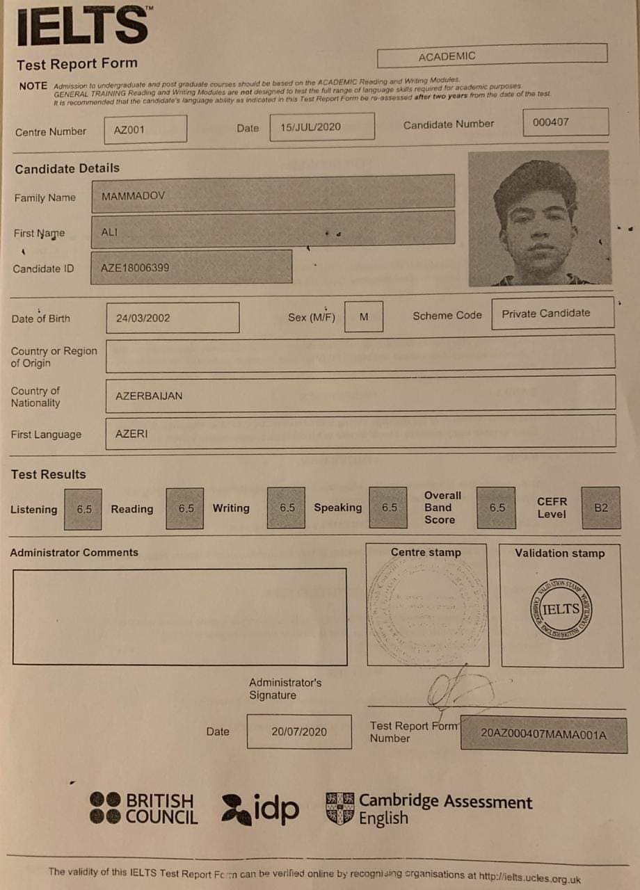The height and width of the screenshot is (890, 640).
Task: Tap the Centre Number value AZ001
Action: [x=145, y=129]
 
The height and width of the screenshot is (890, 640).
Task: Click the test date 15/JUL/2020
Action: [x=321, y=127]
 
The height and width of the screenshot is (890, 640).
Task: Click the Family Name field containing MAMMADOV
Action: [x=273, y=195]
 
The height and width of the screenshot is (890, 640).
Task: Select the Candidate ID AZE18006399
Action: [x=191, y=268]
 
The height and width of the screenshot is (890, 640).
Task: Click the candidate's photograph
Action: [x=538, y=219]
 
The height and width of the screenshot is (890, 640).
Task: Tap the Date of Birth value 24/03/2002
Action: [x=173, y=318]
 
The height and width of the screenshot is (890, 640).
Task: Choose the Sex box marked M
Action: [x=364, y=316]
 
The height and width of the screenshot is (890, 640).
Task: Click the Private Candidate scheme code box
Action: [x=552, y=314]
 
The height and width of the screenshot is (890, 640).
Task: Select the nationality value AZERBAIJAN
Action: [x=360, y=395]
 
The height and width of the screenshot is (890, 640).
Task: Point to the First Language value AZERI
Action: [x=360, y=433]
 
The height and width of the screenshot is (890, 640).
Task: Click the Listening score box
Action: [x=83, y=509]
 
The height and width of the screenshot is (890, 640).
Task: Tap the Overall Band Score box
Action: [x=497, y=508]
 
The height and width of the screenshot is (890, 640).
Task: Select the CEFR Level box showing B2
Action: [x=601, y=508]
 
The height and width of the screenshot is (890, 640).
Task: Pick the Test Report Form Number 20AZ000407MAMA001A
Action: [x=543, y=734]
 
